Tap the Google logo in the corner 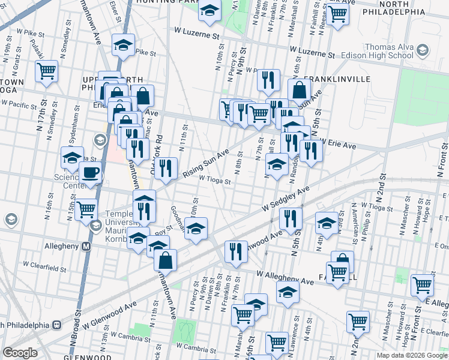[x=20, y=353]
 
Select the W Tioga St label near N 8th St [x=215, y=179]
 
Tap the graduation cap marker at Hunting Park [x=209, y=11]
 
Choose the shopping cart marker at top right [x=338, y=13]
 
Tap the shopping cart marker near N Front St [x=423, y=284]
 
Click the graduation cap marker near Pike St [x=124, y=46]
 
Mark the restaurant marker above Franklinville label [x=268, y=80]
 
